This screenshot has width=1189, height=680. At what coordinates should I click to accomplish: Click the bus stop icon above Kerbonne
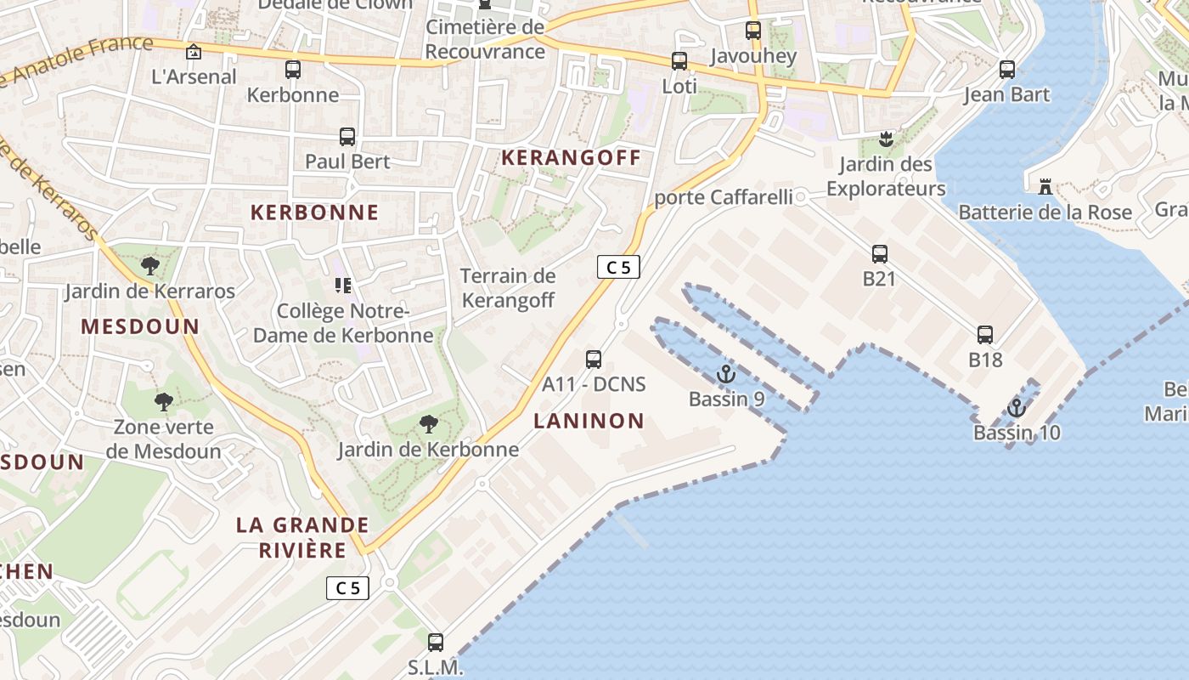coord(293,70)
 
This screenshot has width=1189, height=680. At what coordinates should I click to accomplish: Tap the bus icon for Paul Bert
coord(347,136)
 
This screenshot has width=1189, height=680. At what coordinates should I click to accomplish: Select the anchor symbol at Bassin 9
coord(725,374)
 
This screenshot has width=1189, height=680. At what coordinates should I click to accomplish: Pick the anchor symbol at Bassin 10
coord(1017,408)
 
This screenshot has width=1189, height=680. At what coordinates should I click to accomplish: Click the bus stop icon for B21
coord(880,253)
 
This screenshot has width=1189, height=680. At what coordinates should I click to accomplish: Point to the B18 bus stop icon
coord(985,335)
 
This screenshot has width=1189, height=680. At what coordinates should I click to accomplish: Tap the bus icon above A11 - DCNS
coord(594,359)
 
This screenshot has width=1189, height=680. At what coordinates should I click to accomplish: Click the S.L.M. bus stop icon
coord(436,643)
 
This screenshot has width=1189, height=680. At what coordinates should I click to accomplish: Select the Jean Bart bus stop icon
coord(1007,70)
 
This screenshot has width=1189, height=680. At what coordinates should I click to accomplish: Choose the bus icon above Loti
coord(679,61)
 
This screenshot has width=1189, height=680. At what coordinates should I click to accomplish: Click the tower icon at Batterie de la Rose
coord(1045,186)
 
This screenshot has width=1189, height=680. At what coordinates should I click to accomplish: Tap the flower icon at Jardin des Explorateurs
coord(887,139)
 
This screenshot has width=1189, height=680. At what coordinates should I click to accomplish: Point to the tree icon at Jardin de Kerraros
coord(150,266)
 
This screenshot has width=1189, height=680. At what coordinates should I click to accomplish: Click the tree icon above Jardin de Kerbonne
coord(429,423)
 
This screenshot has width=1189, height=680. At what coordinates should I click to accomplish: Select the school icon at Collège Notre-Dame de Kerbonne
coord(343,285)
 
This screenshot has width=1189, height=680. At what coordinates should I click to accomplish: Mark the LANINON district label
coord(589,421)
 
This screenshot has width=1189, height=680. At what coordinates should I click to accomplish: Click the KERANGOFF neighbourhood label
coord(571,158)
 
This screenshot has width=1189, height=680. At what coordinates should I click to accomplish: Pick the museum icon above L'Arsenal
coord(194,52)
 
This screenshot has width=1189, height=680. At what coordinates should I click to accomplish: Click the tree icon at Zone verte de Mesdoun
coord(164,401)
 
